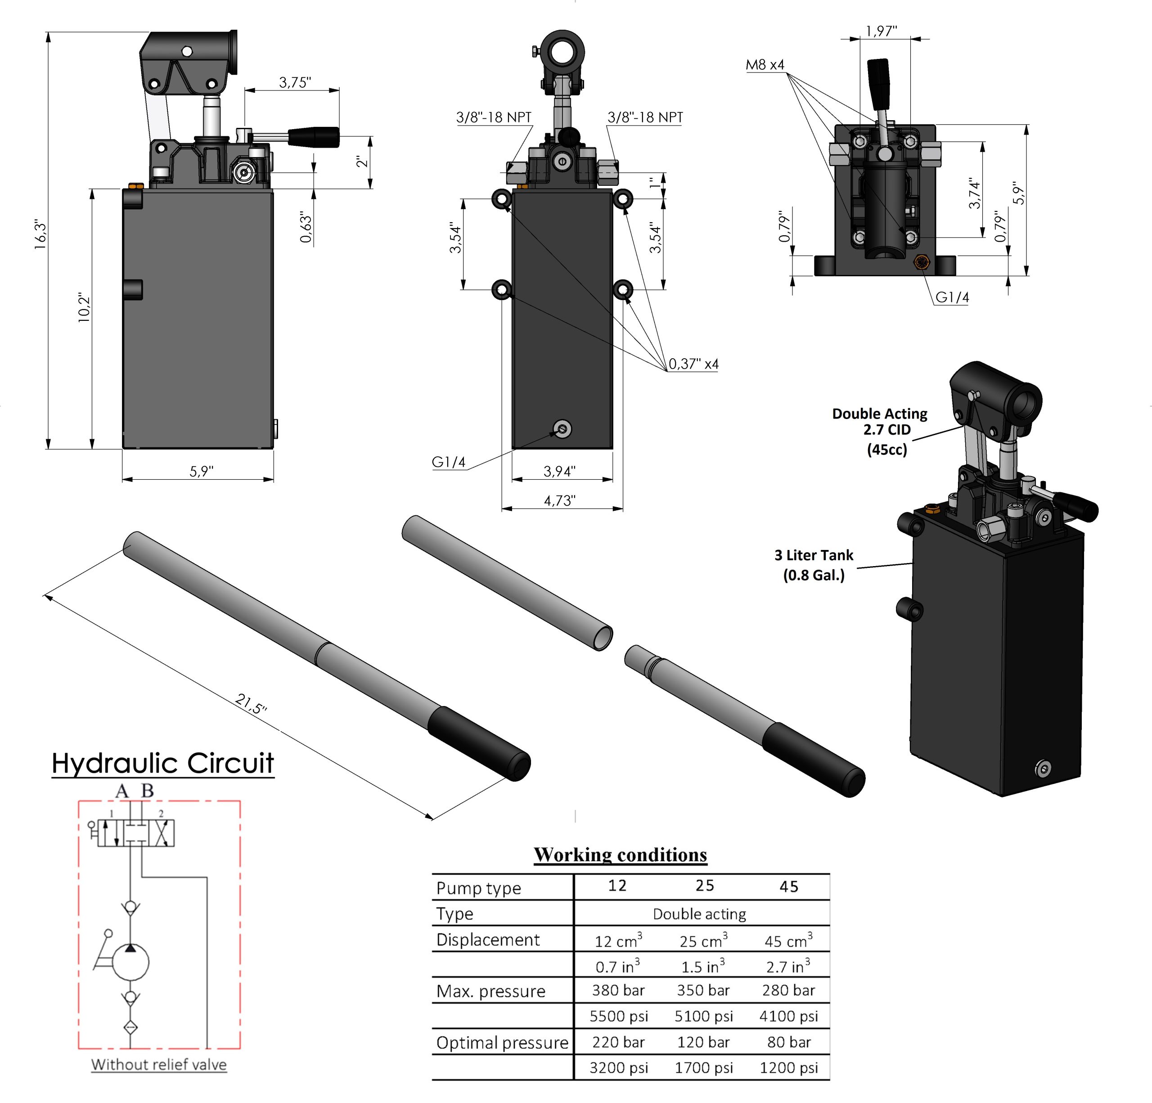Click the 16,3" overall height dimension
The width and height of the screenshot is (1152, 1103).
tap(40, 235)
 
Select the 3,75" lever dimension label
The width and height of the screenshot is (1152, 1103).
tap(294, 82)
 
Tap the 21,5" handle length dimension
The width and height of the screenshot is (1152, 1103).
tap(251, 703)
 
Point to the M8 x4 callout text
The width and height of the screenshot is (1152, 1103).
tap(765, 65)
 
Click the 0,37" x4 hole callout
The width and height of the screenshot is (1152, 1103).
tap(693, 364)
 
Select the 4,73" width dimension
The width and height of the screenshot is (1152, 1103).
tap(559, 501)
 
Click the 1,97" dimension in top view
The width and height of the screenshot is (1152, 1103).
tap(881, 31)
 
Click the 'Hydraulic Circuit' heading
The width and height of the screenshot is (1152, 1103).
tap(163, 763)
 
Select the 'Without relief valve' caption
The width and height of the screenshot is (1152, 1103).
tap(159, 1064)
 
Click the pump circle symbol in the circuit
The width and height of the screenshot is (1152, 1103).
tap(130, 962)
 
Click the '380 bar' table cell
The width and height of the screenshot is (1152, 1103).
tap(618, 990)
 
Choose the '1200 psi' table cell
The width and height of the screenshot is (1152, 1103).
tap(788, 1068)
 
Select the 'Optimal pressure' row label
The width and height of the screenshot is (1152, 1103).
tap(502, 1043)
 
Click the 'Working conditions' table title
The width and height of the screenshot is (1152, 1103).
tap(620, 855)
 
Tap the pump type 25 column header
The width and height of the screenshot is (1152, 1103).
tap(704, 886)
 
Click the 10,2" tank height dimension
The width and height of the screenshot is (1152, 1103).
tap(84, 307)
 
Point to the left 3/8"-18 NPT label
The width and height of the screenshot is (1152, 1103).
tap(494, 117)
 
